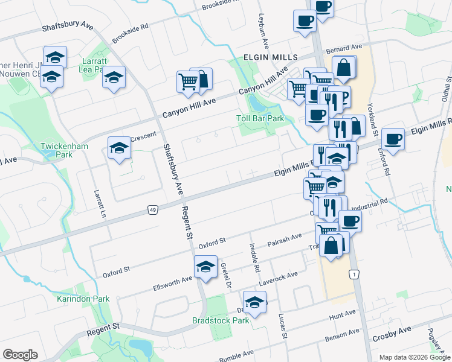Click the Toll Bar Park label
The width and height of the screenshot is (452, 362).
(259, 118)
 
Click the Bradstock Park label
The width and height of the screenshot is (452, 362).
(221, 320)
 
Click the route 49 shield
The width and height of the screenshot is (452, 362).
(152, 209)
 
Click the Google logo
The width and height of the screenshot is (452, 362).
(20, 354)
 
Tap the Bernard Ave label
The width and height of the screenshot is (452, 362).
(344, 46)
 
